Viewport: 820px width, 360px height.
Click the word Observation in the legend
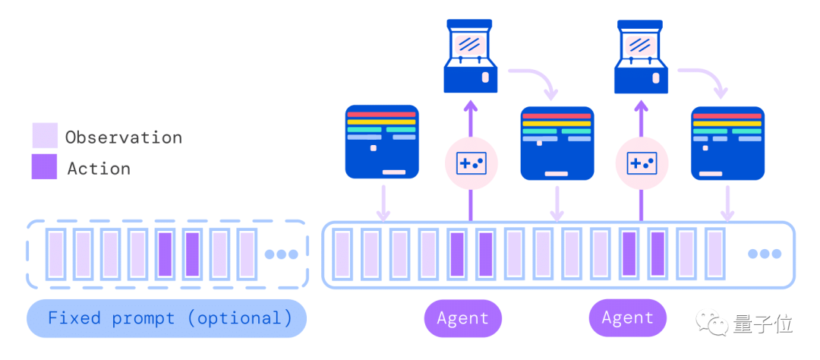pos(124,137)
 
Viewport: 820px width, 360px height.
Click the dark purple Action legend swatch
pos(45,166)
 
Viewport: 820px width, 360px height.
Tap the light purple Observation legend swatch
pos(45,135)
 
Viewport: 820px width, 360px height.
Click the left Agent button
pos(463,317)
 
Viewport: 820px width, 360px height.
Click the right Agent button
pos(628,317)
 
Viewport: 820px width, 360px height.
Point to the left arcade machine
pos(470,56)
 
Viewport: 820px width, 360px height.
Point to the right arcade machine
pos(641,56)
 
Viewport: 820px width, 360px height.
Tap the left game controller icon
pos(471,164)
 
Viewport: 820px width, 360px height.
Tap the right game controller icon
pos(642,164)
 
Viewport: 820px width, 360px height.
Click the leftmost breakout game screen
pos(382,142)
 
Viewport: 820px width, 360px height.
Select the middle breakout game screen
pos(557,144)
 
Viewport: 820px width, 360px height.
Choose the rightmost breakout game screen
pos(727,144)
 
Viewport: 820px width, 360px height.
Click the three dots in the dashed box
pos(282,254)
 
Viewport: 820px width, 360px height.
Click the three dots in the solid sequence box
pos(765,254)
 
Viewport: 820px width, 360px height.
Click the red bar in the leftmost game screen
pos(382,114)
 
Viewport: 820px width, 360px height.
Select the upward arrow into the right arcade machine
pos(642,118)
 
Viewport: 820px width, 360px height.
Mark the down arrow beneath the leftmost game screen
pos(383,203)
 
